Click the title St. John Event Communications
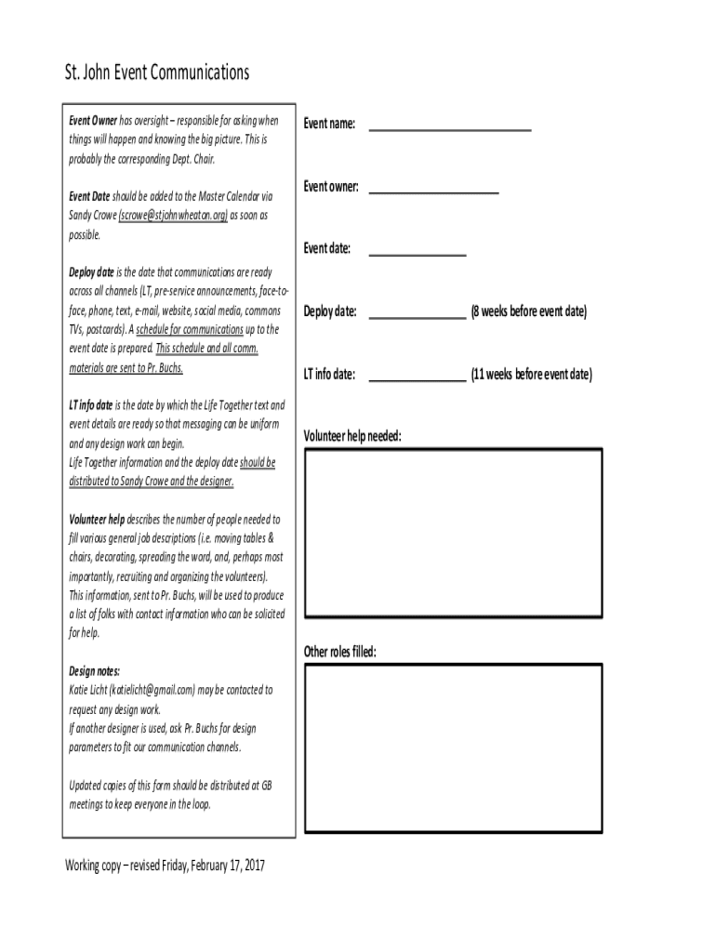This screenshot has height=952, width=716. pyautogui.click(x=157, y=73)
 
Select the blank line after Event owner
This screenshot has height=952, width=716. pyautogui.click(x=433, y=190)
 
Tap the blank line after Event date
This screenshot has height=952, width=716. pyautogui.click(x=417, y=252)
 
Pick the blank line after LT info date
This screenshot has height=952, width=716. pyautogui.click(x=417, y=377)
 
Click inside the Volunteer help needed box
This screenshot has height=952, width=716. pyautogui.click(x=453, y=535)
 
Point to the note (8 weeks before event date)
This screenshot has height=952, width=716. pyautogui.click(x=528, y=311)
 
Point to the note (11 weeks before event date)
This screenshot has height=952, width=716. pyautogui.click(x=530, y=375)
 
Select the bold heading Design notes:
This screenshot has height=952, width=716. pyautogui.click(x=94, y=671)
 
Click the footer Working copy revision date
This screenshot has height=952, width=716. pyautogui.click(x=165, y=866)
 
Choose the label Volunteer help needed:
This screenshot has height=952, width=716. pyautogui.click(x=352, y=436)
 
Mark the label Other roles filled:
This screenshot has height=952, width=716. pyautogui.click(x=340, y=652)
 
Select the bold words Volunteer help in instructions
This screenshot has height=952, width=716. pyautogui.click(x=97, y=520)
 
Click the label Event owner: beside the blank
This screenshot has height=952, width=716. pyautogui.click(x=331, y=187)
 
